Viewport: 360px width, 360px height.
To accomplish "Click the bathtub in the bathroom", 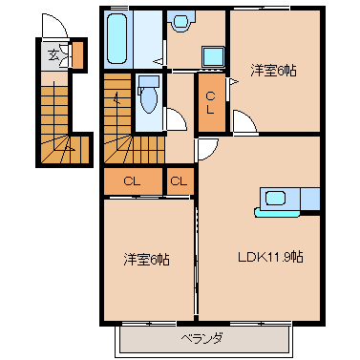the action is pos(116,39).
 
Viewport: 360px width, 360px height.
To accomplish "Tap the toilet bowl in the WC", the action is pos(149,100).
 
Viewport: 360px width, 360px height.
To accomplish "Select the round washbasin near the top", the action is pos(180,22).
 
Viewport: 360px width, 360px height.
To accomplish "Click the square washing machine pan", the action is pos(213,57).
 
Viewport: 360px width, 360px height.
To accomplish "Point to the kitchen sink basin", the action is pos(275,198).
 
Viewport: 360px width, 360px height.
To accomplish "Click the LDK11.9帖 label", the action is pos(270,257).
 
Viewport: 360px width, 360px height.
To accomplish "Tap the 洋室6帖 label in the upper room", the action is pos(273,70).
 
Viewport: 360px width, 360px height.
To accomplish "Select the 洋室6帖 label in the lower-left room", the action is pos(146,260).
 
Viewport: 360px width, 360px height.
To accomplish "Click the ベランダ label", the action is pos(201,338).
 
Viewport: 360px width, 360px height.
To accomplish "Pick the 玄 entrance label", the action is pos(53,55).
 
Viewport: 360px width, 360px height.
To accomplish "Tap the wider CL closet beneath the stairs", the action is pos(133,181).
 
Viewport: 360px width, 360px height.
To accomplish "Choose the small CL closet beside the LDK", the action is pos(180,181).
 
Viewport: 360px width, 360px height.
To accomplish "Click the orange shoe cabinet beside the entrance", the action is pos(78,54).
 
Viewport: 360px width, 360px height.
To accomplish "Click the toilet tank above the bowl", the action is pos(149,81).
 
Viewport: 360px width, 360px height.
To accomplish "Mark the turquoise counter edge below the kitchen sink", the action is pos(277,212).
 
